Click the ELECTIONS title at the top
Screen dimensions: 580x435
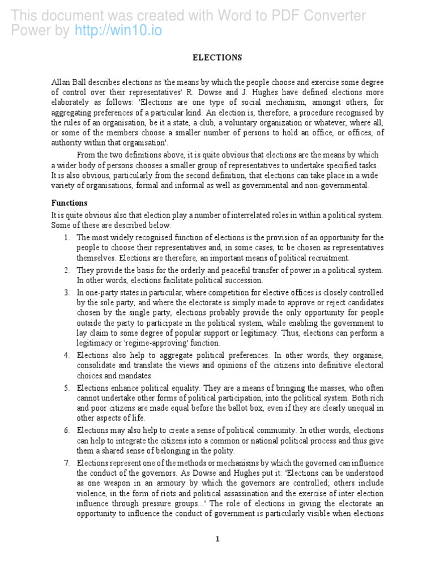[x=217, y=58]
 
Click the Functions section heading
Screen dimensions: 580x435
[x=70, y=203]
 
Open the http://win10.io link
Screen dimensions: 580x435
[x=118, y=31]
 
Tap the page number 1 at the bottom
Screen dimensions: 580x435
[x=217, y=539]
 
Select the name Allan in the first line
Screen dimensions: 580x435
[x=61, y=82]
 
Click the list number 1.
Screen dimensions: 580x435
[x=66, y=238]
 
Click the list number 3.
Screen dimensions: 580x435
[x=66, y=293]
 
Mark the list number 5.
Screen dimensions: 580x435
[x=66, y=388]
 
